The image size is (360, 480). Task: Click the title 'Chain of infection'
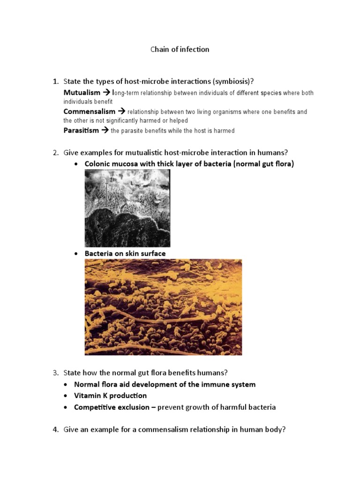180,49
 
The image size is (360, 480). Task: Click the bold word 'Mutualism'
82,93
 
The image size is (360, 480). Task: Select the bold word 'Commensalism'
89,112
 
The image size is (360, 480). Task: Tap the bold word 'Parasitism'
81,130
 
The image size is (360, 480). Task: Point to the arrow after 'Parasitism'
105,130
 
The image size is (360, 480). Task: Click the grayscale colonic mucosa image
127,208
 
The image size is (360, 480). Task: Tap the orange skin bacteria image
163,307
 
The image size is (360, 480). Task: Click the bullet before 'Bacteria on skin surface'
76,254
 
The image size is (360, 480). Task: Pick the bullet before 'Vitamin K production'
66,396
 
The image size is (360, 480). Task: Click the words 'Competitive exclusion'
112,407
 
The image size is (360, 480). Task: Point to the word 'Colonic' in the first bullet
98,164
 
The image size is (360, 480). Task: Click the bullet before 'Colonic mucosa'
76,164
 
